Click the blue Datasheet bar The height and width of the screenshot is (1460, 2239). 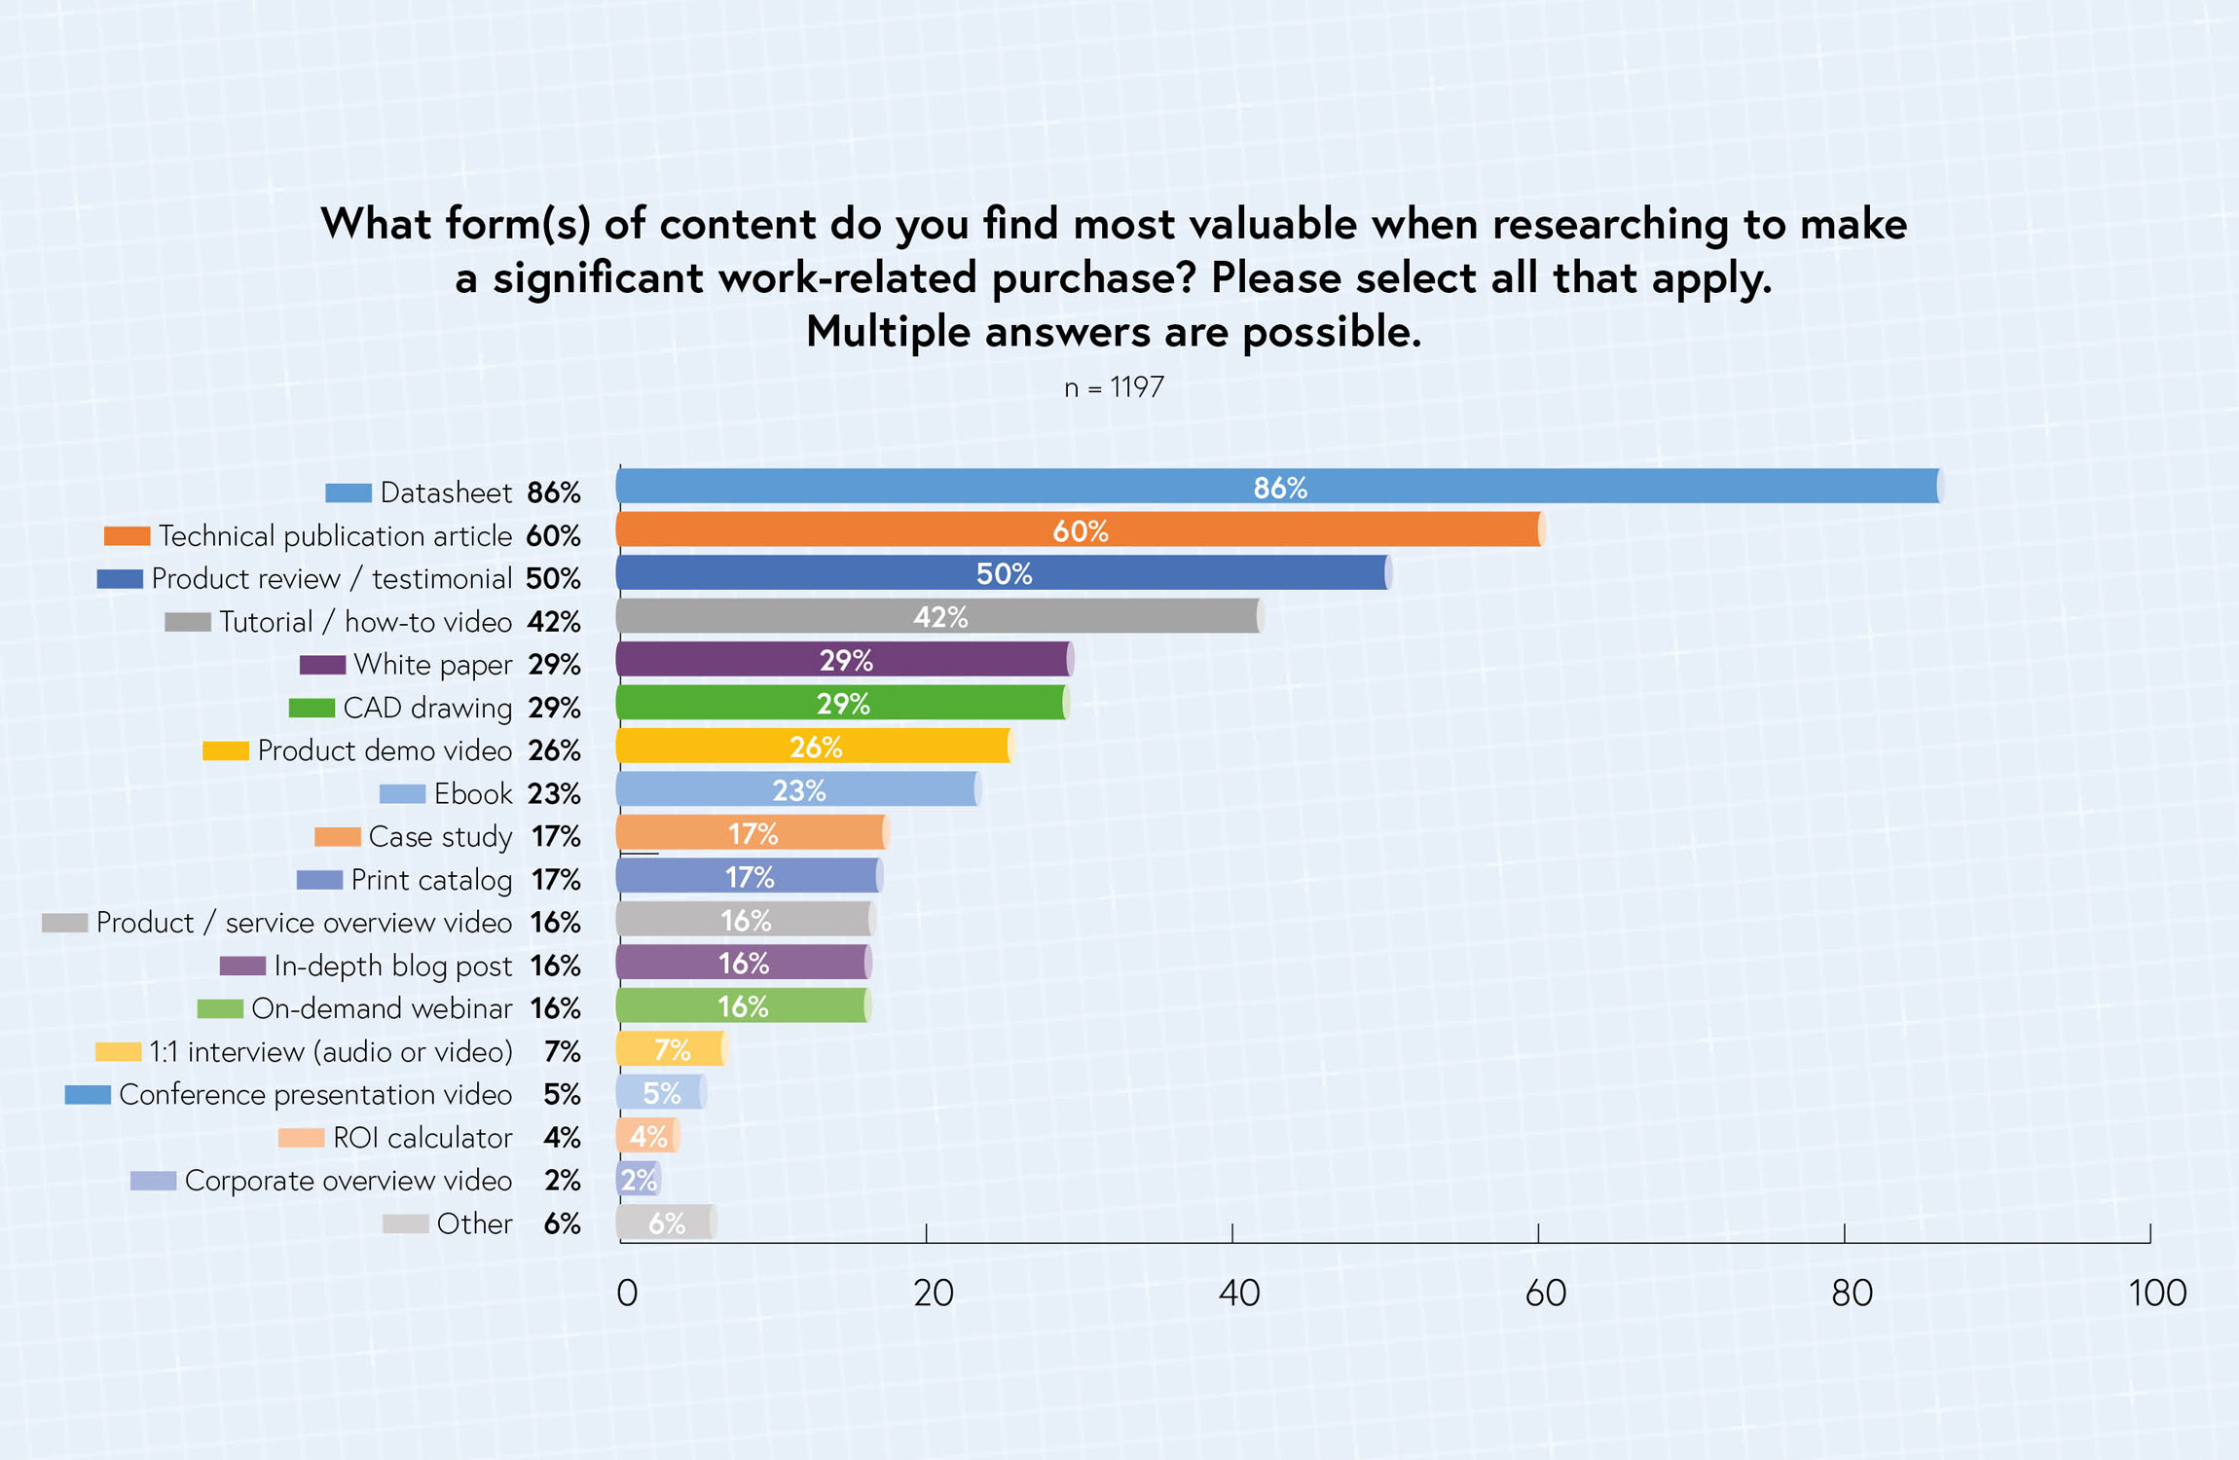pos(1278,487)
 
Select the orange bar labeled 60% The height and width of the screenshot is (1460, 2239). pos(1079,530)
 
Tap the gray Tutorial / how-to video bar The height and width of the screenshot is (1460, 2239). pos(939,616)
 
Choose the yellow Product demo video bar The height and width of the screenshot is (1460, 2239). pos(815,747)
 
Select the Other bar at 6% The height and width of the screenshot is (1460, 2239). pos(667,1223)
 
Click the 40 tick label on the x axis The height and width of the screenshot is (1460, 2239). pos(1238,1293)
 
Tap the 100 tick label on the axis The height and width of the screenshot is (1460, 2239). pos(2156,1293)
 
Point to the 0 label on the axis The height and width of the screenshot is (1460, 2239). pos(627,1293)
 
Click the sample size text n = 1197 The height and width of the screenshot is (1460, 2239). pos(1114,387)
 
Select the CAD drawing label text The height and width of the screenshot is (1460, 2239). pos(427,708)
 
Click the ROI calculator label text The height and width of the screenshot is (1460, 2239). pos(422,1137)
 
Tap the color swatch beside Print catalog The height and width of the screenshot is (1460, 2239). pos(319,880)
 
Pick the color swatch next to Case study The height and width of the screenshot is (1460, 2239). pos(337,837)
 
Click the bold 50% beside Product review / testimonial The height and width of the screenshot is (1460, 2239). pos(553,579)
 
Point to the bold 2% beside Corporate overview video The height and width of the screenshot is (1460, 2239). pos(563,1181)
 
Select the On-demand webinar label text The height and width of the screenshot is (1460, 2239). pos(382,1008)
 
